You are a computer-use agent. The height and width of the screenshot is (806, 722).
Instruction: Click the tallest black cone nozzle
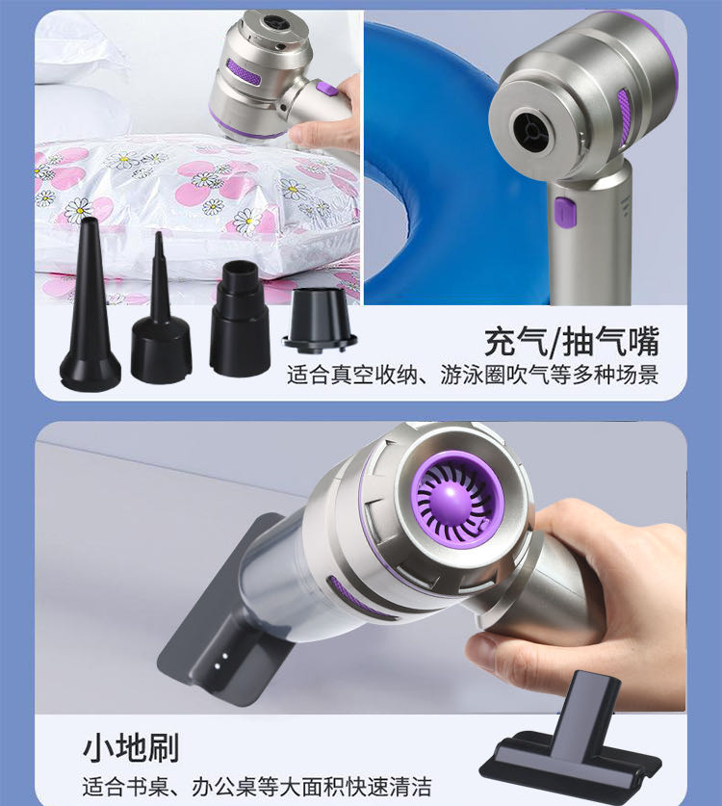point(90,308)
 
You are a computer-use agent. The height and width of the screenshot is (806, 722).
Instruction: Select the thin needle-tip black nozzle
point(161,319)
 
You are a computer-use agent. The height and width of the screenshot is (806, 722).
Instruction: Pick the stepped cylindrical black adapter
point(240,319)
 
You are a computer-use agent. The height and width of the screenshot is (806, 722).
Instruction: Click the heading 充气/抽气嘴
point(572,342)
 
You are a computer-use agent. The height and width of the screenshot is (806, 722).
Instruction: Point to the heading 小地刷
point(131,748)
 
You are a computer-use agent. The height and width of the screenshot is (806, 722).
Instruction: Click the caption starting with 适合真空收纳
point(473,376)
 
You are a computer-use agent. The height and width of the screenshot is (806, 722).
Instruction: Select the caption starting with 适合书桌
point(256,787)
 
